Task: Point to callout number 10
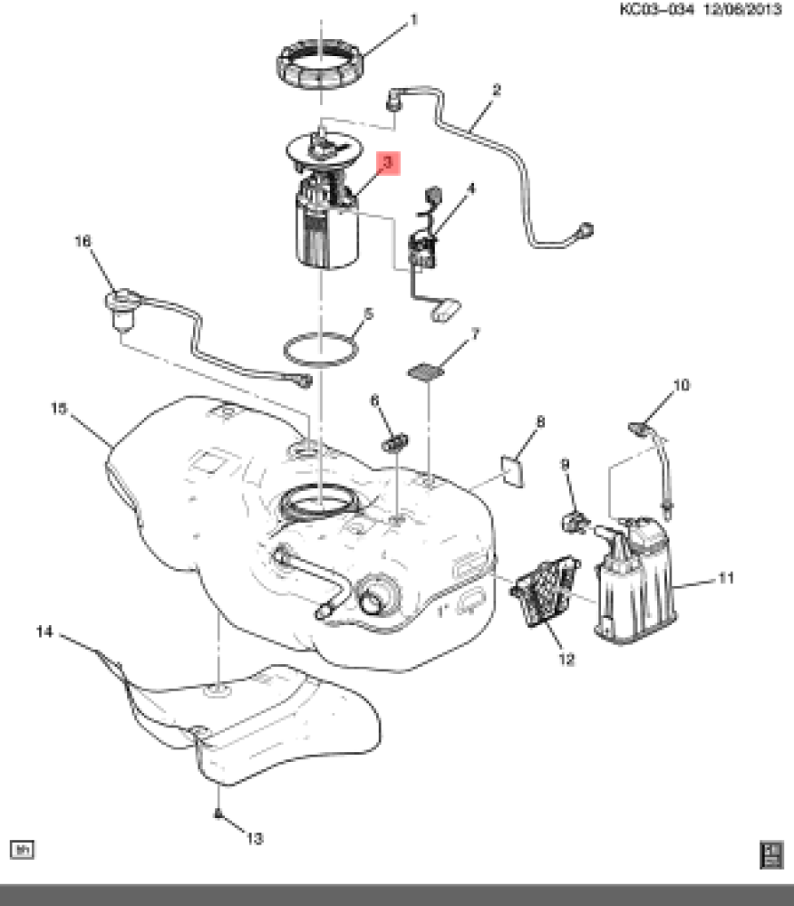(681, 385)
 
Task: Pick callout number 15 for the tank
(59, 409)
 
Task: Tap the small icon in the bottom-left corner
(21, 849)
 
